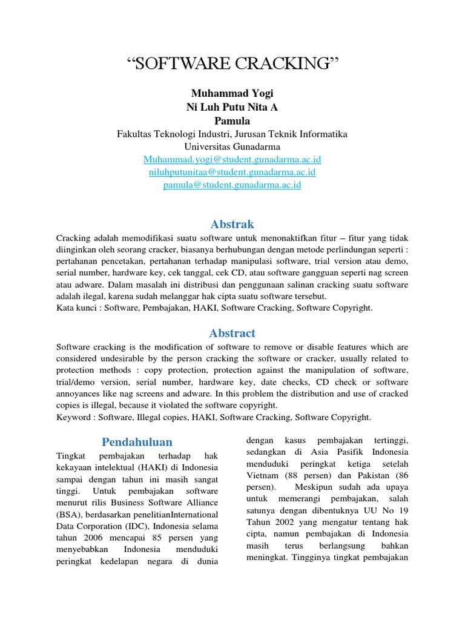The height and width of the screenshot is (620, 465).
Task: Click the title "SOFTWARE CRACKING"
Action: [232, 65]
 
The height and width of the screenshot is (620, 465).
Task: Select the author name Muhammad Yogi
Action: [232, 93]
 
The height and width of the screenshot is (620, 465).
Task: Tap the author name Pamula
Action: [232, 120]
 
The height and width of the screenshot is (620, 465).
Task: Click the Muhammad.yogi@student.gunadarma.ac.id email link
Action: [232, 159]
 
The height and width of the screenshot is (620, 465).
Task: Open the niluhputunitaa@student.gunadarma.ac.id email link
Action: [232, 173]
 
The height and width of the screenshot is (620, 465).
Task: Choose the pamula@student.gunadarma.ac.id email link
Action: [232, 185]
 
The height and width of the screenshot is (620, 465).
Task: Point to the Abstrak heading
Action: [232, 224]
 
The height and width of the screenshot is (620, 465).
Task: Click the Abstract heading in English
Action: [232, 333]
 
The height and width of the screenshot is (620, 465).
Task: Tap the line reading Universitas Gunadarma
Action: [232, 147]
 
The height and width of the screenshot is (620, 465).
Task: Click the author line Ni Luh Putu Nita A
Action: [232, 107]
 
